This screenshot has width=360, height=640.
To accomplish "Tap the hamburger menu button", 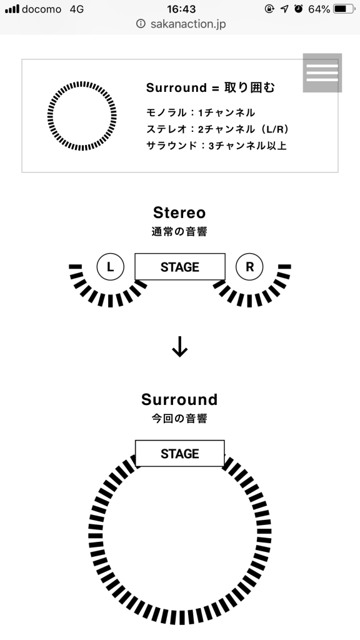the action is (x=322, y=72).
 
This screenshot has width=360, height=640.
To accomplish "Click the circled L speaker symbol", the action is (x=110, y=267).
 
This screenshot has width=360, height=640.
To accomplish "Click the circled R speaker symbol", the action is (x=249, y=267).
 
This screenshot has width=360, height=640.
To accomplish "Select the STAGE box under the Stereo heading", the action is (x=180, y=267).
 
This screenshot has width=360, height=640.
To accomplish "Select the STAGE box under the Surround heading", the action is (x=180, y=454).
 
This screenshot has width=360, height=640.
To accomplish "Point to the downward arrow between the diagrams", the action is (x=179, y=347).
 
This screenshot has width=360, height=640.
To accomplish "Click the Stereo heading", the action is (x=179, y=212).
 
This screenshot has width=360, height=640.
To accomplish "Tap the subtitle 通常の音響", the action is (x=179, y=232).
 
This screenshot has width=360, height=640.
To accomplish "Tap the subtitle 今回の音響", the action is (x=179, y=419).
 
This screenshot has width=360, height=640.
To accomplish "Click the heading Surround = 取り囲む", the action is (x=211, y=87).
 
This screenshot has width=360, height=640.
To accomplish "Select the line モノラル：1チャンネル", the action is (x=201, y=112).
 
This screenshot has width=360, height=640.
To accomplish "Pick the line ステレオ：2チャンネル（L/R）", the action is (x=218, y=129).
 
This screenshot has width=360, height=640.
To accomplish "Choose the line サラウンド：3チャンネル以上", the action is (x=216, y=146).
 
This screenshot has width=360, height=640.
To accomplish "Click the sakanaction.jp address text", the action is (x=188, y=24).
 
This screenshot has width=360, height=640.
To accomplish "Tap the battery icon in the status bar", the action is (x=344, y=9).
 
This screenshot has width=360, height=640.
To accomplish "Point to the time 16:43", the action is (x=181, y=9).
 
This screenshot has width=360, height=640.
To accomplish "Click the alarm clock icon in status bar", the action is (x=299, y=9).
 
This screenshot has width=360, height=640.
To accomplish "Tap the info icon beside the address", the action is (x=141, y=24).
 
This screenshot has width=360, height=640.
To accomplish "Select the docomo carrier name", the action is (x=41, y=9).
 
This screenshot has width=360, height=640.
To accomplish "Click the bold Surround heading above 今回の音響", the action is (x=179, y=399).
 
